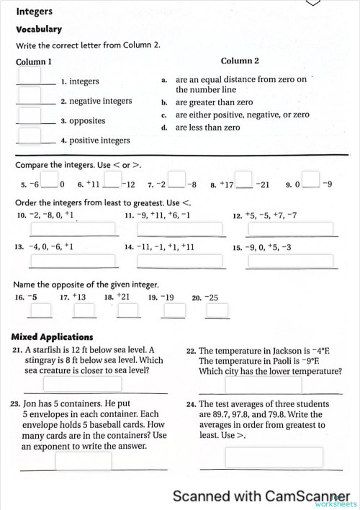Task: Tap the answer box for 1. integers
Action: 30,75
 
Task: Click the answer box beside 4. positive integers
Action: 30,135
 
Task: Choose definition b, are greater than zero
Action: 215,102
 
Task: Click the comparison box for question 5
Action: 50,177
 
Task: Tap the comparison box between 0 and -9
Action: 311,177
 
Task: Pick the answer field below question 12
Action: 290,229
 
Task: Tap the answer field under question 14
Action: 181,261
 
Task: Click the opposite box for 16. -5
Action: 40,310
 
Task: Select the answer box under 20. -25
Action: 217,310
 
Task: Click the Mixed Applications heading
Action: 53,336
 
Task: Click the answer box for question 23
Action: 84,460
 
